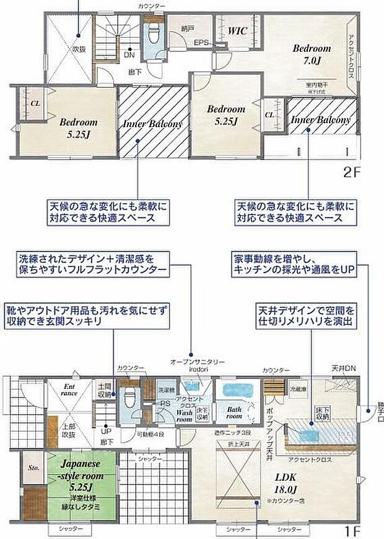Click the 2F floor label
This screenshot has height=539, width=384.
click(x=351, y=173)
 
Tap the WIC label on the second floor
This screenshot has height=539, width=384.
click(x=238, y=30)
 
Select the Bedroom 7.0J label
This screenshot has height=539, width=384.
click(x=312, y=53)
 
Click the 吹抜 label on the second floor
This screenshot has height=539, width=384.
click(x=78, y=47)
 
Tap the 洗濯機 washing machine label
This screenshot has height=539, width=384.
click(x=164, y=390)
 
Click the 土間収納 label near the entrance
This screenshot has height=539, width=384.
click(x=104, y=390)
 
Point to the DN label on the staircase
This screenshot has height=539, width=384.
click(x=129, y=55)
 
